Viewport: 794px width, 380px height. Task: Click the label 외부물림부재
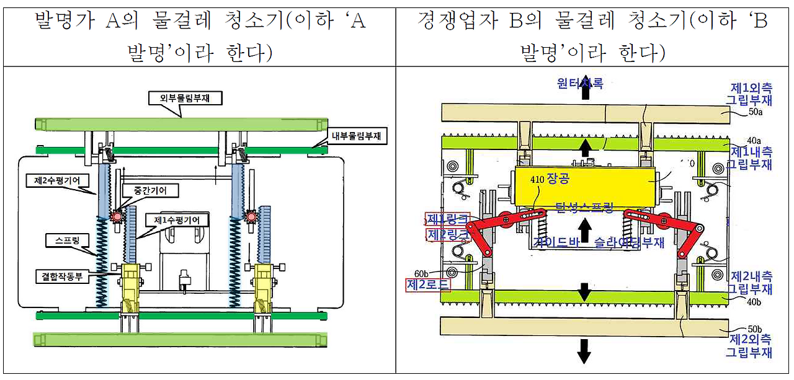point(181,98)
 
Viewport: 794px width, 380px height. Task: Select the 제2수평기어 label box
point(58,180)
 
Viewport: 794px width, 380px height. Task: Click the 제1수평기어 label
point(177,219)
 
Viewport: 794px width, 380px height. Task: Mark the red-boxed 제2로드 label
point(428,285)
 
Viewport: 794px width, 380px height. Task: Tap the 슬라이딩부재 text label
point(629,242)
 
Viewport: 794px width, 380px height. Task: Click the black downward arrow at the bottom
point(584,350)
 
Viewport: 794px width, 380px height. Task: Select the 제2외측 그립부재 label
point(751,346)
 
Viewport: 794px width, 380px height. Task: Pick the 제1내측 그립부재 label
point(751,157)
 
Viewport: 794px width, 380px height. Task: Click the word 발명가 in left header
point(69,22)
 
